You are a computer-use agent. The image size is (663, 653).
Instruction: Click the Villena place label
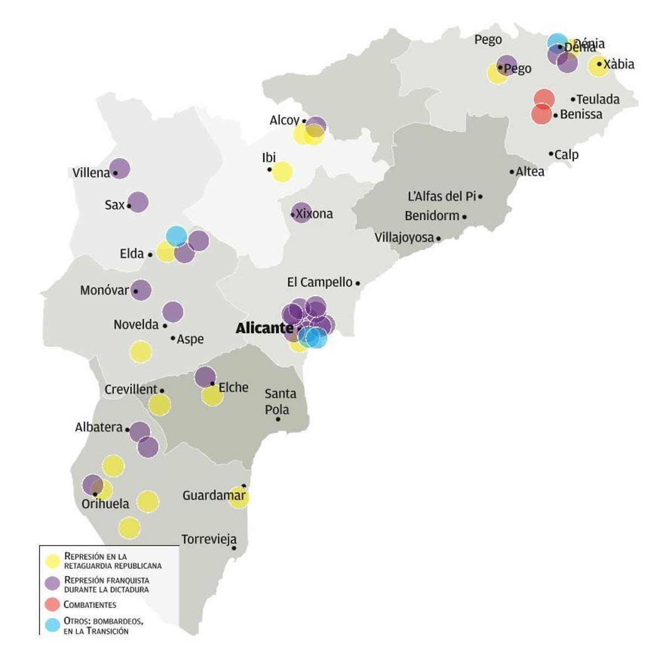click(x=91, y=173)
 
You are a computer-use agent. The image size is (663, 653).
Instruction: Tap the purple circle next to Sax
click(x=138, y=202)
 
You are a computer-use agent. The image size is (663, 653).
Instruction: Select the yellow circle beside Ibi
click(x=282, y=171)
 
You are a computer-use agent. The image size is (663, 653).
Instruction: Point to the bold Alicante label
click(x=264, y=328)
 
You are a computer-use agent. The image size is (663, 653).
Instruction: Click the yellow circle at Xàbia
click(x=598, y=66)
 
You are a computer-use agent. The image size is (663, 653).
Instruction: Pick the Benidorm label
click(x=432, y=215)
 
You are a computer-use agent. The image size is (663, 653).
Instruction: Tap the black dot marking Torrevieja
click(x=234, y=548)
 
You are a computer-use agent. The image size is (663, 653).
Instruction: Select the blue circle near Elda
click(x=176, y=236)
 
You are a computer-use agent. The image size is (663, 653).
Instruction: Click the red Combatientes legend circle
click(x=52, y=604)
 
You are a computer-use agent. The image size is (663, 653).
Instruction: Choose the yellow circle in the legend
click(x=52, y=561)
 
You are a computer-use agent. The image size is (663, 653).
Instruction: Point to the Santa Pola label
click(x=280, y=402)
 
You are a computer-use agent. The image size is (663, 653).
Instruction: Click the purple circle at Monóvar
click(x=141, y=290)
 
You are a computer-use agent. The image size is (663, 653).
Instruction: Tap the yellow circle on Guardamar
click(x=239, y=497)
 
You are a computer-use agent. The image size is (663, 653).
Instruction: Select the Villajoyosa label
click(x=404, y=238)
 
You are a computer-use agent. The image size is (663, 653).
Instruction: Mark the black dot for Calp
click(x=551, y=154)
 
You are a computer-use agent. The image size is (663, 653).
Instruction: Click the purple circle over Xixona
click(x=302, y=212)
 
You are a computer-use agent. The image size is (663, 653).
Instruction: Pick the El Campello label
click(x=319, y=282)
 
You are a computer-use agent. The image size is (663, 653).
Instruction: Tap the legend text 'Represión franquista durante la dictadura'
click(x=107, y=584)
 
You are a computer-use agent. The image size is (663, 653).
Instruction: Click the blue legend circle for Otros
click(x=52, y=625)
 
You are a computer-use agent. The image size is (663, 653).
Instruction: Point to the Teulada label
click(x=598, y=99)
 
